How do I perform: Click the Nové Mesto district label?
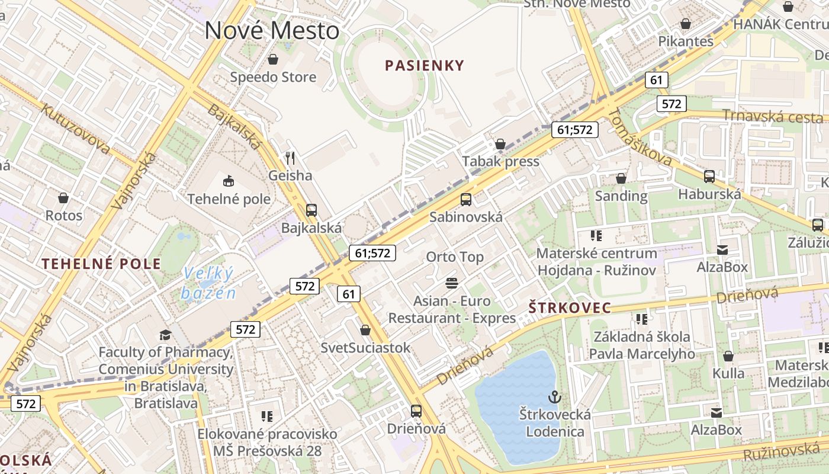[272, 31]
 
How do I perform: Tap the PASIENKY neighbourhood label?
[425, 65]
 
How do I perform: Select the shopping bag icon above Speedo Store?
[273, 59]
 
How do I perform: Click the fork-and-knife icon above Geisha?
[290, 158]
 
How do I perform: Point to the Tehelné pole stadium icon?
[229, 180]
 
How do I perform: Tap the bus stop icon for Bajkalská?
[311, 210]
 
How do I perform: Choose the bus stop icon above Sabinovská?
[466, 199]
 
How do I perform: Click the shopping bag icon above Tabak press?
[500, 143]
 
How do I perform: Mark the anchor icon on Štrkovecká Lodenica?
[555, 396]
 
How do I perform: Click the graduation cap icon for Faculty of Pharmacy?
[165, 335]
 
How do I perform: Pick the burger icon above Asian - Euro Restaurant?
[452, 283]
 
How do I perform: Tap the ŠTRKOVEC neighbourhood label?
[569, 308]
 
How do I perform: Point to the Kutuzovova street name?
[75, 127]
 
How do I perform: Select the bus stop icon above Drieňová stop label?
[416, 411]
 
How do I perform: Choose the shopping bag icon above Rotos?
[63, 197]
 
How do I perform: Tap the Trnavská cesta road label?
[773, 116]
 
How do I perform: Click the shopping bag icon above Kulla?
[728, 356]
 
